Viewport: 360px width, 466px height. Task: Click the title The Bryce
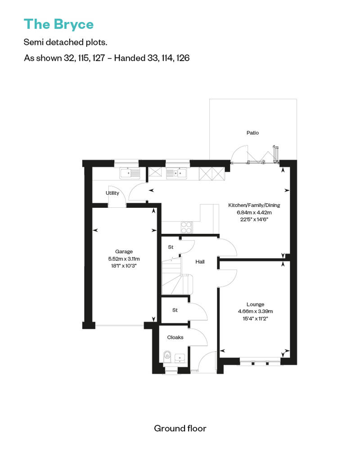click(x=58, y=24)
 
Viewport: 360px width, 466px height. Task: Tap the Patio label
click(x=253, y=133)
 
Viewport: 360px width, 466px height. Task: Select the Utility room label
click(x=112, y=193)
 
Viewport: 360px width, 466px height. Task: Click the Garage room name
click(x=124, y=252)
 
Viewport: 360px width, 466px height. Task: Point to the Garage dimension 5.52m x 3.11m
click(x=124, y=259)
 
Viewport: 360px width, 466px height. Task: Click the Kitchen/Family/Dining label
click(x=254, y=205)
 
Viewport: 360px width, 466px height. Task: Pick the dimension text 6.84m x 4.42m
click(x=254, y=212)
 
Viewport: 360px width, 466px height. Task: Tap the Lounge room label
click(x=255, y=305)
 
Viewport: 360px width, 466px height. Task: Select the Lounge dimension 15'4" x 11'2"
click(x=255, y=318)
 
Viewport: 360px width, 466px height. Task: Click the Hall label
click(x=200, y=262)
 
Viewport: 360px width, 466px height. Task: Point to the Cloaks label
click(x=175, y=337)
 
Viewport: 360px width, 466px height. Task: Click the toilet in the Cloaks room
click(x=167, y=356)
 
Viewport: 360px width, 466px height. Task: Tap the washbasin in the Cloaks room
click(x=180, y=358)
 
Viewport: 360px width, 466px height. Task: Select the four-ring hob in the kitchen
click(x=187, y=227)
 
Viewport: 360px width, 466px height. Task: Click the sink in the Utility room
click(x=130, y=173)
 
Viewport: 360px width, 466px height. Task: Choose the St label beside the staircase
click(x=171, y=247)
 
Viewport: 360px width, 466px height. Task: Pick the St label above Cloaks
click(x=175, y=310)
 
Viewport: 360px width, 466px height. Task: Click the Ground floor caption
click(x=180, y=428)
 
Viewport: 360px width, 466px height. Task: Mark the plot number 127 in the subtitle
click(x=99, y=58)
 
